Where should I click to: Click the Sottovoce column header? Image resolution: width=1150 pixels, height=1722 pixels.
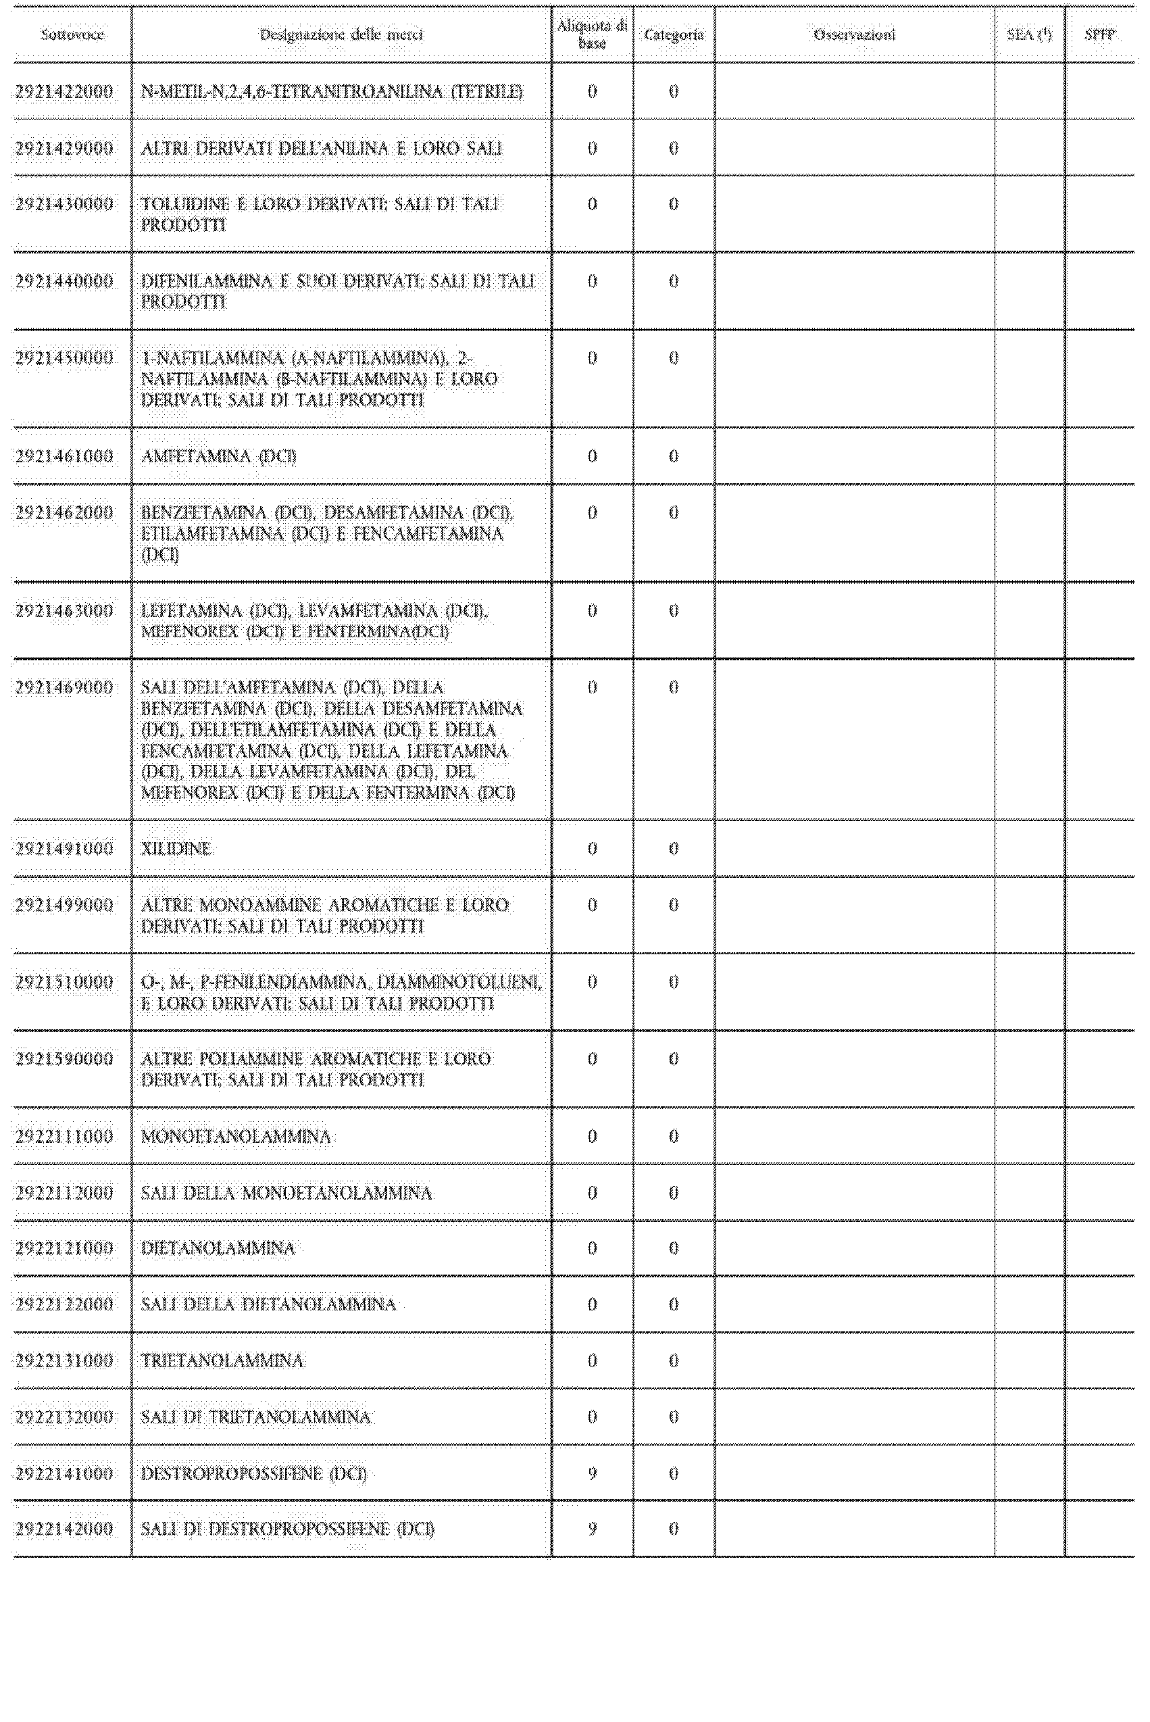pyautogui.click(x=72, y=34)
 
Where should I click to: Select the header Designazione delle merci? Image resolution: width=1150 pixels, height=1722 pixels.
pyautogui.click(x=341, y=34)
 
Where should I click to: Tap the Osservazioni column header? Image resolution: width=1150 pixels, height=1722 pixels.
pyautogui.click(x=855, y=34)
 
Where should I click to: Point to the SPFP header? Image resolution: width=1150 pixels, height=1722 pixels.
pyautogui.click(x=1099, y=34)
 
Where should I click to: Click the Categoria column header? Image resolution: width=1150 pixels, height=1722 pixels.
pyautogui.click(x=673, y=34)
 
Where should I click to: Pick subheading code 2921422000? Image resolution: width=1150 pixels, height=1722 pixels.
pyautogui.click(x=65, y=92)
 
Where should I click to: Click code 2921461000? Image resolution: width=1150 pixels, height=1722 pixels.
pyautogui.click(x=65, y=456)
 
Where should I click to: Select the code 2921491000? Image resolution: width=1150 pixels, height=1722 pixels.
pyautogui.click(x=65, y=849)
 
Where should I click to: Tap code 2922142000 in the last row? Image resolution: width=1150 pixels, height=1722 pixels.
pyautogui.click(x=65, y=1529)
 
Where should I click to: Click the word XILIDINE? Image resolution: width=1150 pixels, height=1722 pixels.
pyautogui.click(x=176, y=849)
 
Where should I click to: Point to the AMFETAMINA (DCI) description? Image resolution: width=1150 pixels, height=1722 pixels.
pyautogui.click(x=218, y=456)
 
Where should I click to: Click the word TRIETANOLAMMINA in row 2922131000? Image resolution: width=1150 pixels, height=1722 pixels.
pyautogui.click(x=222, y=1361)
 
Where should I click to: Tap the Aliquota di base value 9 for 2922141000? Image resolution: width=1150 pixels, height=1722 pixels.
pyautogui.click(x=593, y=1473)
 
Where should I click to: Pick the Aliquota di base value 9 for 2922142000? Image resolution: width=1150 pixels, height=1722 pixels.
pyautogui.click(x=593, y=1529)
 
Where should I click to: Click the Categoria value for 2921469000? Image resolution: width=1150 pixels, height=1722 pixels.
pyautogui.click(x=673, y=687)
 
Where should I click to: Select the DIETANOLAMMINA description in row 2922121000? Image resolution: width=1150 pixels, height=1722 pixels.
pyautogui.click(x=218, y=1249)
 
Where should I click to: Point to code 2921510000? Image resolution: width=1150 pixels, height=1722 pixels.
pyautogui.click(x=65, y=982)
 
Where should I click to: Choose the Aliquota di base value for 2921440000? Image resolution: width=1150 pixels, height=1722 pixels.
pyautogui.click(x=593, y=281)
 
